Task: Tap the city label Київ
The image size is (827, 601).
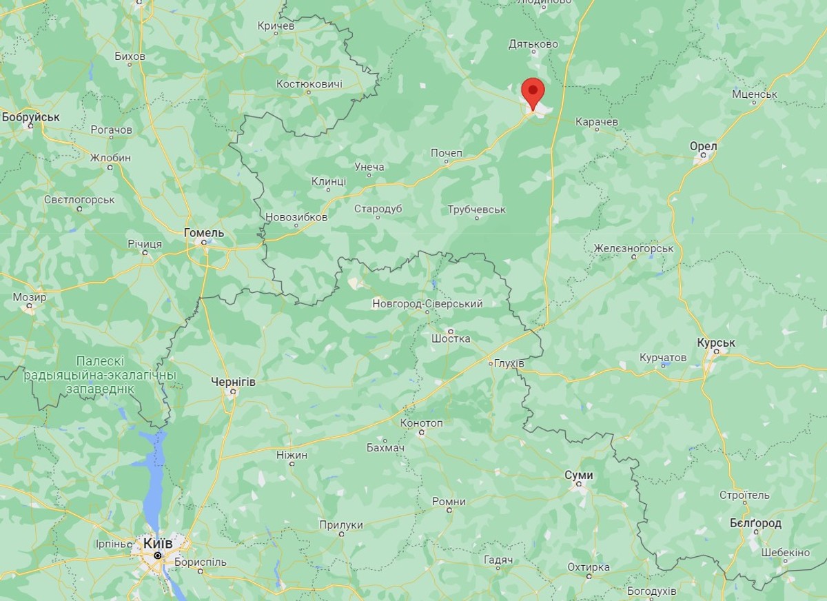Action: click(158, 544)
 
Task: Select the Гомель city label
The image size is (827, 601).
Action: click(204, 233)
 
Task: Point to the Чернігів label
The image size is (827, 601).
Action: click(234, 381)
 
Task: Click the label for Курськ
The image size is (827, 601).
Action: click(716, 343)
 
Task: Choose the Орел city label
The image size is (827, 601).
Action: click(703, 146)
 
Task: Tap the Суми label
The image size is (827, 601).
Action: click(578, 475)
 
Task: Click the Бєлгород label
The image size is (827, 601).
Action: click(755, 523)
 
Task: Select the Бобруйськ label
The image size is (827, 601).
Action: click(31, 117)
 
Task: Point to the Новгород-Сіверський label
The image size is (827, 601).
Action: click(427, 303)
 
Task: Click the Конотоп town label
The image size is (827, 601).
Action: click(421, 422)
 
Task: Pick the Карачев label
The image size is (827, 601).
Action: click(596, 121)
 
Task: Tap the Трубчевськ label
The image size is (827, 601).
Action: click(476, 209)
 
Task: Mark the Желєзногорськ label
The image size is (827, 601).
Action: click(633, 247)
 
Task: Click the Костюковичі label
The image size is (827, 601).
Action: click(309, 83)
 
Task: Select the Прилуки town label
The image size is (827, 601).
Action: click(340, 524)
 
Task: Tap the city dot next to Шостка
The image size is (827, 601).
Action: click(451, 331)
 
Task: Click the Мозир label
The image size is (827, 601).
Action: click(30, 298)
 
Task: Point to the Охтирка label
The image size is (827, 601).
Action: click(588, 567)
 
